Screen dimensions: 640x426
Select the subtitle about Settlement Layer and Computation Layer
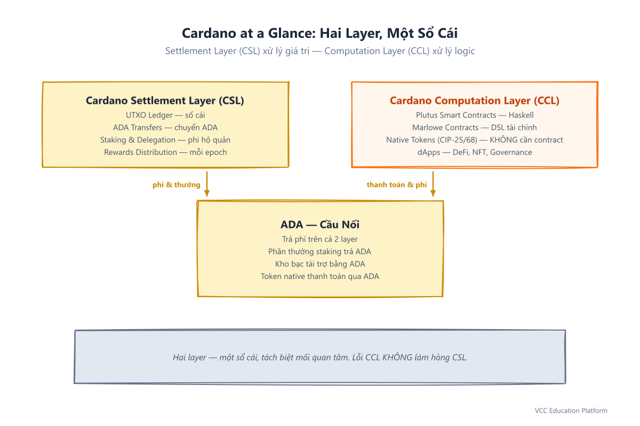pyautogui.click(x=320, y=51)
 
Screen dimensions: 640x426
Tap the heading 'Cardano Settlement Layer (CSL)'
pyautogui.click(x=165, y=101)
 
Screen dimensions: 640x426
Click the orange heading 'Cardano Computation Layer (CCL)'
pyautogui.click(x=475, y=101)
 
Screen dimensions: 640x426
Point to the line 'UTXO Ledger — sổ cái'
pyautogui.click(x=165, y=115)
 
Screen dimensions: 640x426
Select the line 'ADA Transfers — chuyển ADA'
pyautogui.click(x=165, y=128)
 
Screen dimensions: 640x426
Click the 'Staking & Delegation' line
pyautogui.click(x=165, y=140)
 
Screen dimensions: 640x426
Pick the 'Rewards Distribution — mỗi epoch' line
pyautogui.click(x=165, y=152)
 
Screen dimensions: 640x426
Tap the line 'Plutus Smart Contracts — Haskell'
pyautogui.click(x=475, y=115)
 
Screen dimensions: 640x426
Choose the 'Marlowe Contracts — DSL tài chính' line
pyautogui.click(x=475, y=128)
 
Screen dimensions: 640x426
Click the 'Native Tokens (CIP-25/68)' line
pyautogui.click(x=475, y=140)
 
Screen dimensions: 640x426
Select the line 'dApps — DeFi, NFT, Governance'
pyautogui.click(x=475, y=152)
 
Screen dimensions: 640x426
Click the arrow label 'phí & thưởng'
pyautogui.click(x=177, y=185)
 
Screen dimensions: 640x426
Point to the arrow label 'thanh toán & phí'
pyautogui.click(x=397, y=185)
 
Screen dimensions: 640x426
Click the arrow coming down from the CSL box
pyautogui.click(x=207, y=184)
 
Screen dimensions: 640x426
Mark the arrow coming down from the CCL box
pyautogui.click(x=433, y=184)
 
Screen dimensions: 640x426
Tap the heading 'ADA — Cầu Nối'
pyautogui.click(x=320, y=225)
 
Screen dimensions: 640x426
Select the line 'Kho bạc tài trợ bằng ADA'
pyautogui.click(x=320, y=264)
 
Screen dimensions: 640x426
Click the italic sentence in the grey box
pyautogui.click(x=320, y=357)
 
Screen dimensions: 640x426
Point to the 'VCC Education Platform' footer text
pyautogui.click(x=571, y=411)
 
